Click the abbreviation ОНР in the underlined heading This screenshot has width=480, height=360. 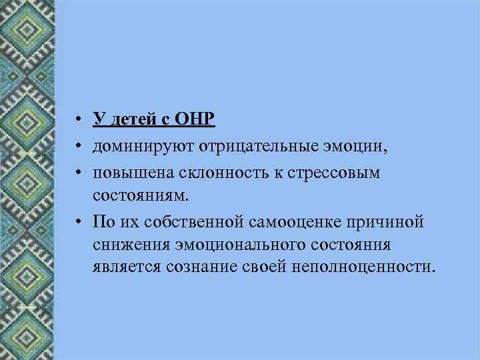point(196,120)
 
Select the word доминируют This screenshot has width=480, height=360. point(135,146)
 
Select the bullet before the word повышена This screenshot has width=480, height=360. point(78,173)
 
